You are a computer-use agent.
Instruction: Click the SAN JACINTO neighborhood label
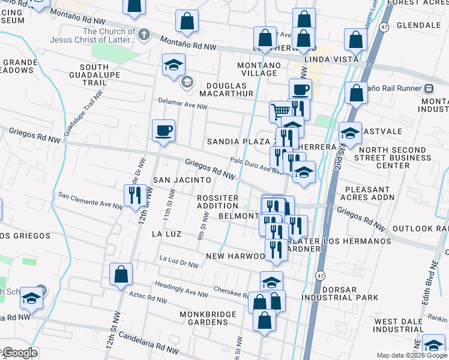pos(182,179)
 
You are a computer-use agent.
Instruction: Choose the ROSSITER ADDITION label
pos(218,202)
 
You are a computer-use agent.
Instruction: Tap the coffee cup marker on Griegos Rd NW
pos(163,130)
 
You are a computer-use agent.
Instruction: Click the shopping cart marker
pos(280,111)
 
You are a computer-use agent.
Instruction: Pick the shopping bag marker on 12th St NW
pos(121,274)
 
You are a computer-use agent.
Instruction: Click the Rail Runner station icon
pos(429,88)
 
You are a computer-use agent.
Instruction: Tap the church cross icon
pos(143,35)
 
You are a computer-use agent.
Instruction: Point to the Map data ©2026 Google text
pos(412,355)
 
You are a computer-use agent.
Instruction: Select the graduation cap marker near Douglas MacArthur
pos(173,65)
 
